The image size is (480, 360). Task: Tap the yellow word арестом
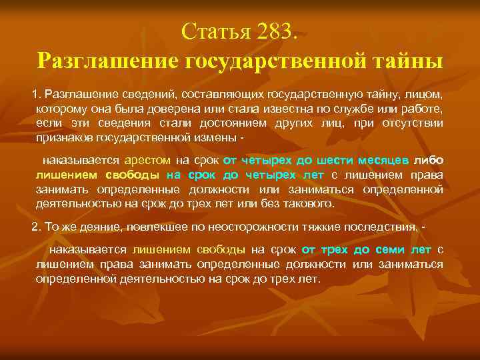point(147,161)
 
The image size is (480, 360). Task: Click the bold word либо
point(429,161)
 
